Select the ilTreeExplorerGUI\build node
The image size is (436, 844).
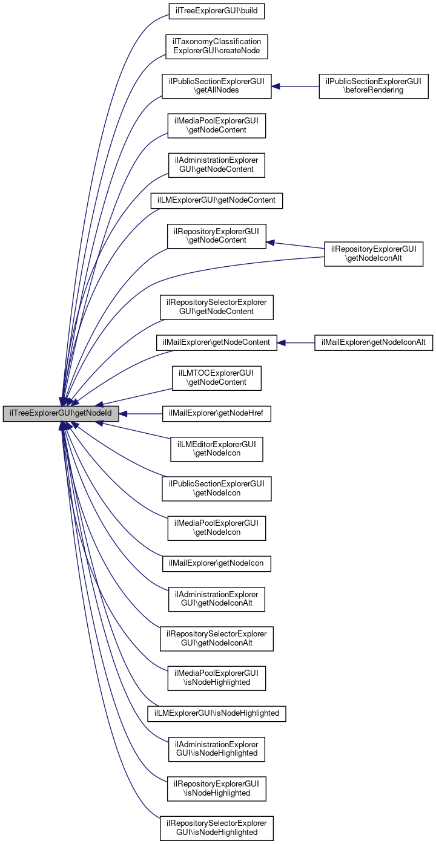216,11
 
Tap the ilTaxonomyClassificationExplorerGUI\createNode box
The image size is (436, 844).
216,46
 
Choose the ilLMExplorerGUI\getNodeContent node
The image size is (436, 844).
216,199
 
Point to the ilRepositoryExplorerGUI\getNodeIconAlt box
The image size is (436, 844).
374,254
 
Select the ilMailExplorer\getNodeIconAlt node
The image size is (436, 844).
373,342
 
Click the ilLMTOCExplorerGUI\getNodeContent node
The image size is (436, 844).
216,378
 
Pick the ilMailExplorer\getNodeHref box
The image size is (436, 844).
216,414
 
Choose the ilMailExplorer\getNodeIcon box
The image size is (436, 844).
216,563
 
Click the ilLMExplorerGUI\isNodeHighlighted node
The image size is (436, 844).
216,713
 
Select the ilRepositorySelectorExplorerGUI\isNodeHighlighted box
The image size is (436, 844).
216,828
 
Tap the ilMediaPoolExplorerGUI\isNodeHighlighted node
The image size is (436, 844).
216,677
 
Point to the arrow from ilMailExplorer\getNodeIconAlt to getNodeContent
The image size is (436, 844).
297,342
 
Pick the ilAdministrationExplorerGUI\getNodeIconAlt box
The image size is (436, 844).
216,599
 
